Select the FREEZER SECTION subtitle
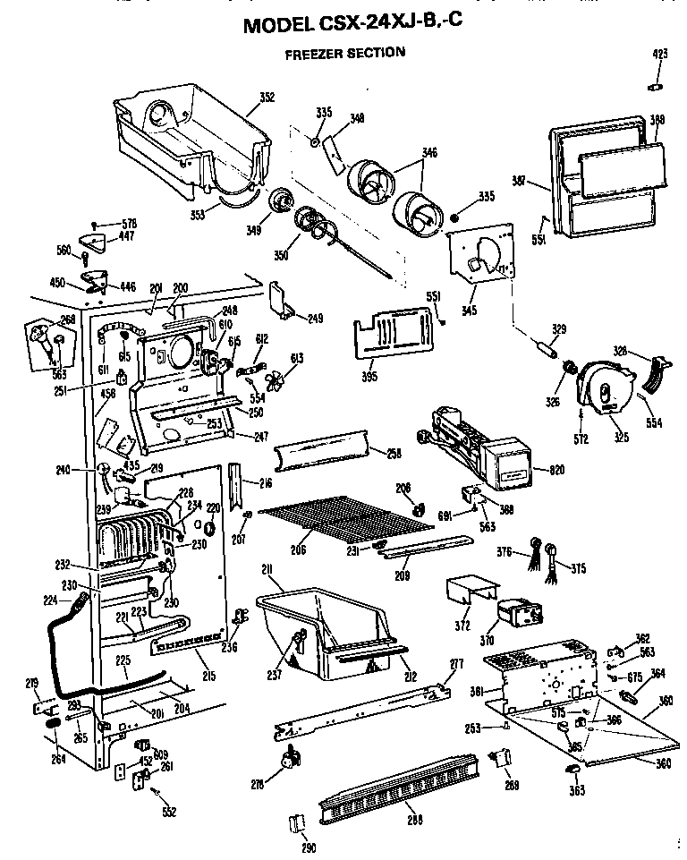point(344,53)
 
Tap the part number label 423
point(660,55)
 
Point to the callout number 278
point(257,786)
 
